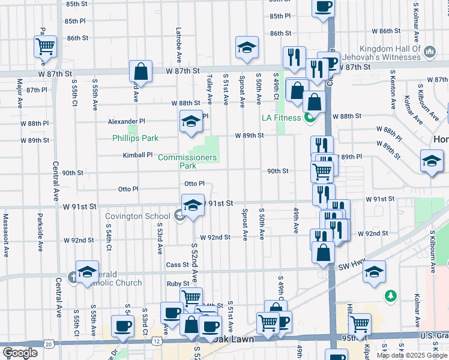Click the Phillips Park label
[136, 138]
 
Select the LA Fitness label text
[281, 117]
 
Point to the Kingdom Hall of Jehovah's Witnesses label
[390, 53]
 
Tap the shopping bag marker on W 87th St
[140, 71]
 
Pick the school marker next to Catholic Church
[87, 272]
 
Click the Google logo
[20, 353]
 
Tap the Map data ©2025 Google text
[412, 355]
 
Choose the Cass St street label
[178, 265]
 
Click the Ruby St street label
[178, 284]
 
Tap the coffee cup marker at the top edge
[323, 7]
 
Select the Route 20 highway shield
[49, 343]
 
